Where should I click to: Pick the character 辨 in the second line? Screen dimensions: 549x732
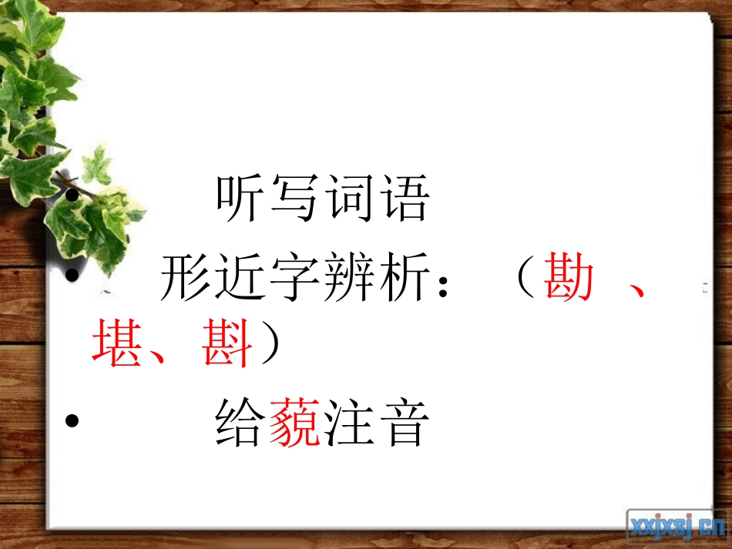pos(348,280)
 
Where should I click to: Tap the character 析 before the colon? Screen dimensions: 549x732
pos(401,280)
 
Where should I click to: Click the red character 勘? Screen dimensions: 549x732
pos(569,280)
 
